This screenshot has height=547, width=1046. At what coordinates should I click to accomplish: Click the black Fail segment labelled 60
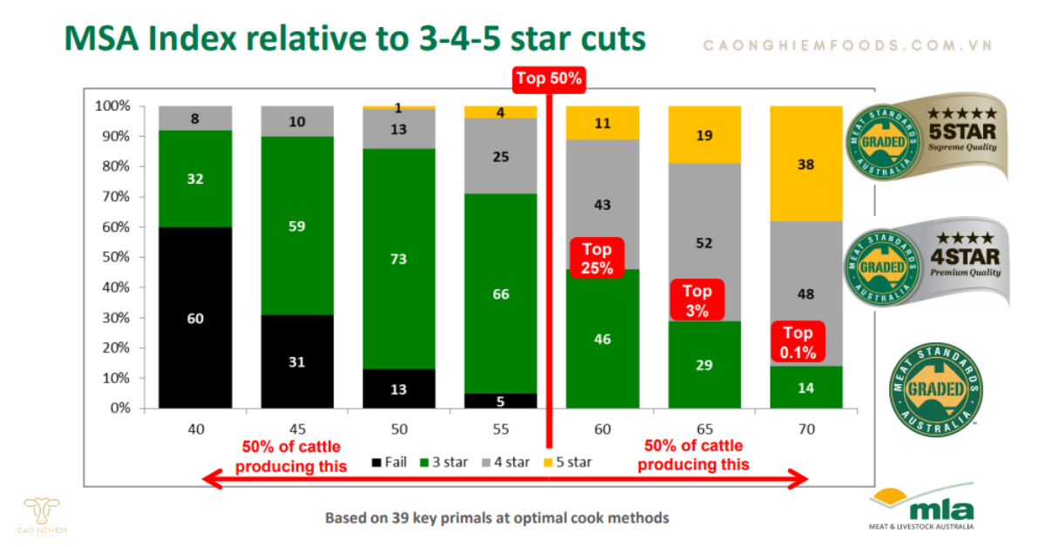tap(195, 318)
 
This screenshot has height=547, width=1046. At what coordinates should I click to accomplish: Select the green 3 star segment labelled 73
tap(398, 259)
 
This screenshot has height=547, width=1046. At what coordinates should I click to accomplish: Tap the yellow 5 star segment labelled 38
tap(805, 164)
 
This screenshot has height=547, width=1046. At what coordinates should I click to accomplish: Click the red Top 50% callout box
tap(549, 78)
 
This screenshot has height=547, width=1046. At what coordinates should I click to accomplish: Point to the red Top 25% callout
tap(596, 259)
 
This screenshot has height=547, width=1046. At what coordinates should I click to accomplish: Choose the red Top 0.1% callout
tap(798, 342)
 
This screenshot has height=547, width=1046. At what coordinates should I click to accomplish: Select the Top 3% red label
tap(696, 301)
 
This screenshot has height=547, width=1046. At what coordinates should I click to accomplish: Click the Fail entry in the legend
tap(390, 462)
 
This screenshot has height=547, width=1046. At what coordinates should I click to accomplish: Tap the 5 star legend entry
tap(567, 462)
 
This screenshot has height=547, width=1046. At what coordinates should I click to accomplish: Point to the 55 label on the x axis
tap(500, 429)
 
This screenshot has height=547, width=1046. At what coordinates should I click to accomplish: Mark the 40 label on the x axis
tap(195, 429)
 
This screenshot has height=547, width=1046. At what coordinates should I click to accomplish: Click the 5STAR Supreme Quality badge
tap(927, 137)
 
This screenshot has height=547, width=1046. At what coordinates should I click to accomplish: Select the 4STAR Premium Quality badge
tap(927, 261)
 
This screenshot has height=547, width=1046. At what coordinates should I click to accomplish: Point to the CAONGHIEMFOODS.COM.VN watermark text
tap(848, 45)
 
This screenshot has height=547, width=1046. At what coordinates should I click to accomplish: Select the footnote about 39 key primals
tap(497, 517)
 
